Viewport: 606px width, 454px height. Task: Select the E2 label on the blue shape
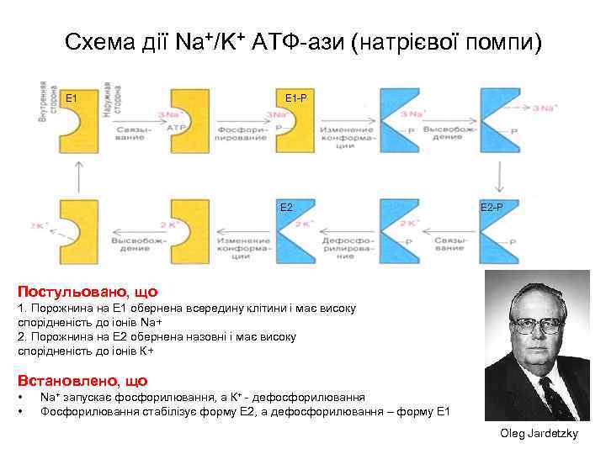(x=286, y=207)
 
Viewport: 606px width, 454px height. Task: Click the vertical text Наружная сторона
(x=109, y=103)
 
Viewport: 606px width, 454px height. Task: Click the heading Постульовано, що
(x=88, y=292)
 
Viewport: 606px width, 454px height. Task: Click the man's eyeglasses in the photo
(x=537, y=324)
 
